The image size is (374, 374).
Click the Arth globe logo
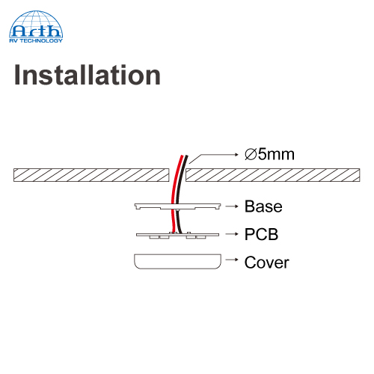tap(36, 27)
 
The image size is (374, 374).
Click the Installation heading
tap(88, 75)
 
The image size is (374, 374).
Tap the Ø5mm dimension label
tap(269, 154)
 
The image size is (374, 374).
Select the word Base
tap(263, 206)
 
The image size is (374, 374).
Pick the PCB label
tap(261, 234)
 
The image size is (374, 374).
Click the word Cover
tap(266, 263)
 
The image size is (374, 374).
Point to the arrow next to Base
tap(232, 206)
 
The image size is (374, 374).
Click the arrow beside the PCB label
tap(232, 234)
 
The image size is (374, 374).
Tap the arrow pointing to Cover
tap(232, 260)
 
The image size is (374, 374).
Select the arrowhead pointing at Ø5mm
tap(237, 155)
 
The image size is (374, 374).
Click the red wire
tap(174, 194)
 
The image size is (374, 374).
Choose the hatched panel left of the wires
tap(91, 175)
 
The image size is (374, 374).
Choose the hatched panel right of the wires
tap(273, 175)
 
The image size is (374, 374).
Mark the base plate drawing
tap(177, 206)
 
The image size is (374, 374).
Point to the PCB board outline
tap(177, 235)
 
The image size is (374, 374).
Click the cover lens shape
tap(177, 262)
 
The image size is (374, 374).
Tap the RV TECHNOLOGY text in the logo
tap(36, 40)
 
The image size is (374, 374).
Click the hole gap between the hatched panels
tap(177, 175)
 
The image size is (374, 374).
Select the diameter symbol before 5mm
tap(251, 154)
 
